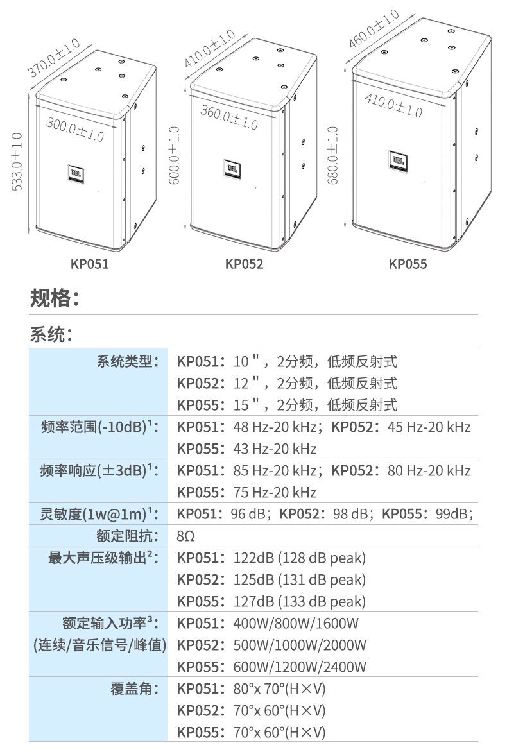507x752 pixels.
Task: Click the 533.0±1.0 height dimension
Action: pos(17,162)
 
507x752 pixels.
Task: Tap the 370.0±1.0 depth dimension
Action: pos(54,58)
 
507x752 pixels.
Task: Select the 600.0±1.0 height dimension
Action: pos(174,156)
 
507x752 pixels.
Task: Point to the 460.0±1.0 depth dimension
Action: pos(374,30)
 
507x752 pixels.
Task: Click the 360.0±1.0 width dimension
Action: pos(229,117)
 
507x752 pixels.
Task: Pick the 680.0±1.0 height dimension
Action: pos(332,155)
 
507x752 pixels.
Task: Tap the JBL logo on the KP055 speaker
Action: pos(398,159)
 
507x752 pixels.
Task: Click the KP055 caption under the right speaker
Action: pos(408,264)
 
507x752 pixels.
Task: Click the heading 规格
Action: pos(55,298)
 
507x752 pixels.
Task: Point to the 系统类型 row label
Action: pos(127,362)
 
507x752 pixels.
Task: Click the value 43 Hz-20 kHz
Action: pos(275,449)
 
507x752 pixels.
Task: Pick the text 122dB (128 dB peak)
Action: pos(300,558)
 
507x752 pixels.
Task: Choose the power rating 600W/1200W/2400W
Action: pos(300,667)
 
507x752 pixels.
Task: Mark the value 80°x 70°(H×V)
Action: pos(280,689)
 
